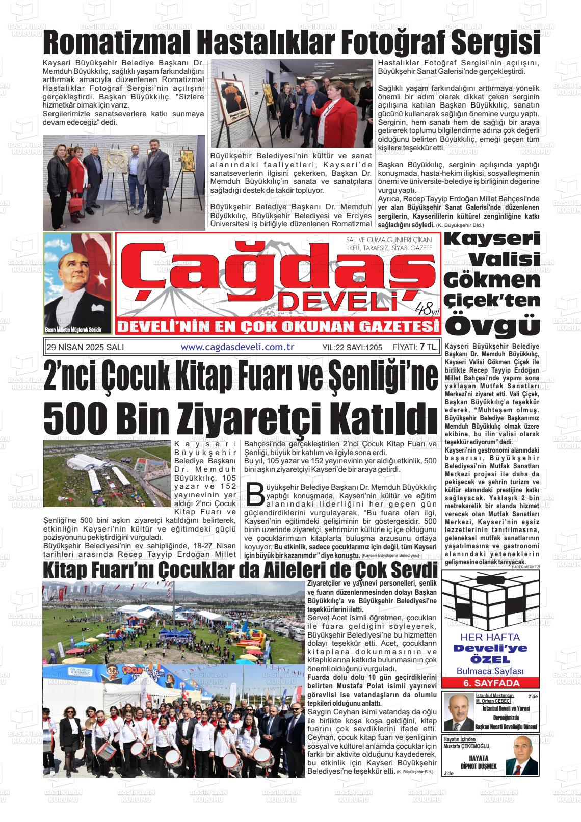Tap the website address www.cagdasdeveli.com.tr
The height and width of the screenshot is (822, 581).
pos(238,347)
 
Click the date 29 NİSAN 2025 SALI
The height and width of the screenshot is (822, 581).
pos(85,347)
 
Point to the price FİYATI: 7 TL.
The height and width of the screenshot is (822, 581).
pos(415,347)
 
